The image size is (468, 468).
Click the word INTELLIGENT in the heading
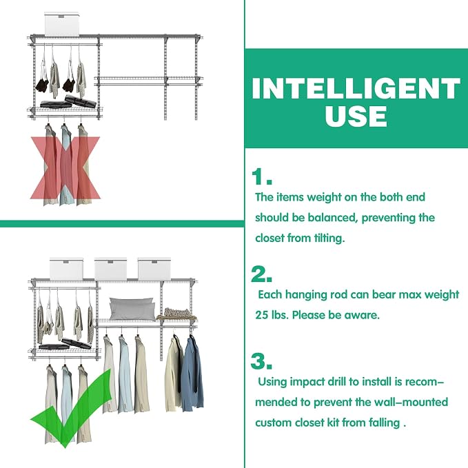(356, 88)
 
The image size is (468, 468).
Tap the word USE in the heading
(356, 116)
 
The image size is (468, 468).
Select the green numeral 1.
(261, 176)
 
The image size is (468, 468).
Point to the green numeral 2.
(261, 274)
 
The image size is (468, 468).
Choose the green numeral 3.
(261, 361)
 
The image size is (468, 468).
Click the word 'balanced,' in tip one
(332, 218)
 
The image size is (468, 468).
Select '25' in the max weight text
(262, 315)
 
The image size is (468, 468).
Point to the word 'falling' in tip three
(384, 423)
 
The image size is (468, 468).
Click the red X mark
(65, 167)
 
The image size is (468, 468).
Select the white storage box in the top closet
(62, 24)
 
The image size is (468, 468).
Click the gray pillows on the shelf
(132, 309)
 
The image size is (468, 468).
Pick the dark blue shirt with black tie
(192, 373)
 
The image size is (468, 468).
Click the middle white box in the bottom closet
(110, 269)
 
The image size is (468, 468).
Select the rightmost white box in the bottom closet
(154, 269)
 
